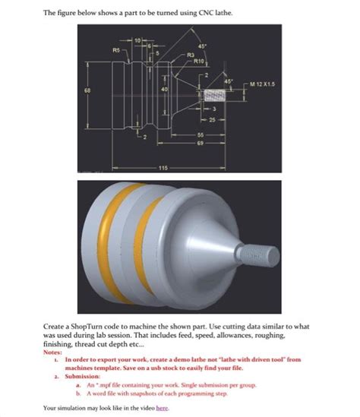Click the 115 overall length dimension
163,167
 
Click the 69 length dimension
201,142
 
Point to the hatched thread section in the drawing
216,100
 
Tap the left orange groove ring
121,240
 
